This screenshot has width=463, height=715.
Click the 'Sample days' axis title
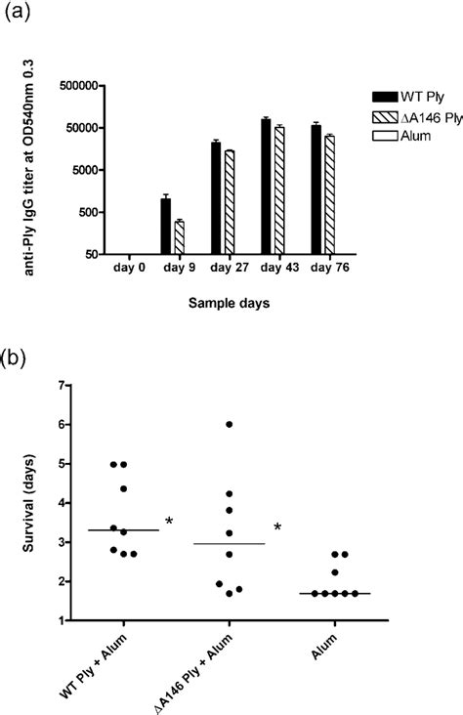click(x=230, y=303)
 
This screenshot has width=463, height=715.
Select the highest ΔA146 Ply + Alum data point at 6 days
click(x=229, y=424)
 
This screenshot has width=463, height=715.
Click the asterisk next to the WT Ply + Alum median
click(x=169, y=523)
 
